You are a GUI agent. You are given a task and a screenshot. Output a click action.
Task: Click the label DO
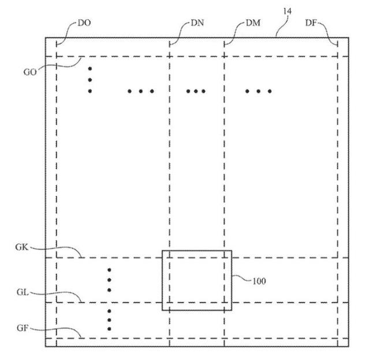point(84,23)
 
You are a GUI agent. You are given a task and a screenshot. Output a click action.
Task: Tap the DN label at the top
point(197,23)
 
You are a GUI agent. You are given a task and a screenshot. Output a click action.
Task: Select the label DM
point(253,23)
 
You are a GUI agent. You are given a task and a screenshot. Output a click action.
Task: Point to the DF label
point(311,23)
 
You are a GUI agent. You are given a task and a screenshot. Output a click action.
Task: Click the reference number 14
point(287,11)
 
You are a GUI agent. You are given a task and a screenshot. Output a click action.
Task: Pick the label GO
point(30,72)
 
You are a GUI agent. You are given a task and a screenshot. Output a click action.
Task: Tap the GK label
point(22,247)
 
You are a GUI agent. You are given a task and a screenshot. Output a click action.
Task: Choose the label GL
point(23,292)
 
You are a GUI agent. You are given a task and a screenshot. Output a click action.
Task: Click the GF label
point(23,328)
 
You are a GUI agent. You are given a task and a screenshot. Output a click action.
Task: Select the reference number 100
point(259,281)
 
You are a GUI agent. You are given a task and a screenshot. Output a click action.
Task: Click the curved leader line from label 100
point(241,278)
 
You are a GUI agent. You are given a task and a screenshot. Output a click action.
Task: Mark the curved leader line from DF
point(328,34)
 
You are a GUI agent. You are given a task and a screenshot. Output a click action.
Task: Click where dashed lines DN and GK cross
point(169,257)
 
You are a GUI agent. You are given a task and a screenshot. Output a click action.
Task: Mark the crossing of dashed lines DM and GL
point(225,303)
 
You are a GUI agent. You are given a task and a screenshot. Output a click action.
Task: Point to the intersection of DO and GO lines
point(57,57)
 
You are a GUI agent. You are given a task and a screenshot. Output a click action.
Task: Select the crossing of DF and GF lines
point(338,338)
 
